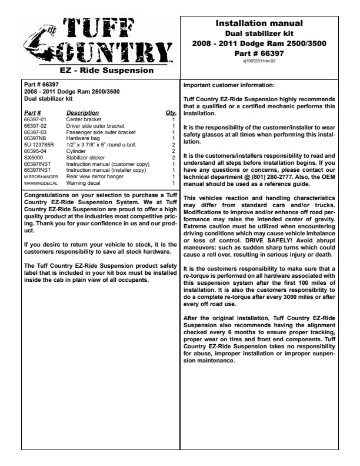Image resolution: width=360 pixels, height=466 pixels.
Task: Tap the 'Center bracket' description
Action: (x=84, y=119)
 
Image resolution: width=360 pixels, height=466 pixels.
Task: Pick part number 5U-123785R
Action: (x=38, y=144)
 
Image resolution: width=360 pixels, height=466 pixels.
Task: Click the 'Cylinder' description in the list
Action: (x=76, y=151)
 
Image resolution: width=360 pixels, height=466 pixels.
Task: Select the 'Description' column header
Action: (x=82, y=112)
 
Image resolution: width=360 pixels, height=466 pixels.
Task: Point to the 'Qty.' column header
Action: (x=171, y=112)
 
